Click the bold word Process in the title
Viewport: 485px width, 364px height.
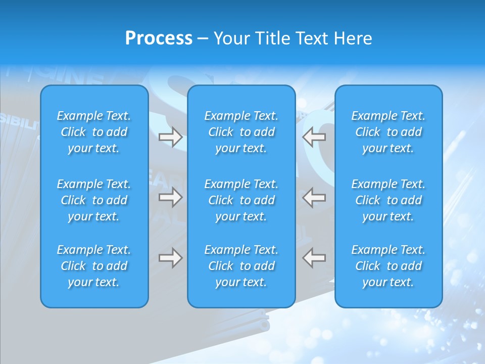tap(159, 38)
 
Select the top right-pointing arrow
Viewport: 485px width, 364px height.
tap(171, 137)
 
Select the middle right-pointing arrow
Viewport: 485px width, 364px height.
tap(171, 197)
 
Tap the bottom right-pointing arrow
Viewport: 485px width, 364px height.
tap(171, 258)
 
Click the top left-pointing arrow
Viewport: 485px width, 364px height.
tap(314, 137)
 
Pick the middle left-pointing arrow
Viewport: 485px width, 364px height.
tap(314, 197)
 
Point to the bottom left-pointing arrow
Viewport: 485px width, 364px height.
tap(314, 258)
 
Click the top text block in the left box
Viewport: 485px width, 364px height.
tap(94, 132)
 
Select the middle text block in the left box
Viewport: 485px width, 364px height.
tap(94, 200)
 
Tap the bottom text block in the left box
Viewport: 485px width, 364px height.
tap(94, 266)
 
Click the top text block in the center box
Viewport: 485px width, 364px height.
tap(241, 132)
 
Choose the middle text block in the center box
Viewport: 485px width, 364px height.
tap(241, 200)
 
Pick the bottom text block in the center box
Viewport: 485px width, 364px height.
tap(241, 266)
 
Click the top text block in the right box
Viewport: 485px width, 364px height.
tap(389, 132)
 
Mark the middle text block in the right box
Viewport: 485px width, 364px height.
tap(389, 200)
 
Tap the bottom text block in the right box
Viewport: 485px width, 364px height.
tap(389, 266)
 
